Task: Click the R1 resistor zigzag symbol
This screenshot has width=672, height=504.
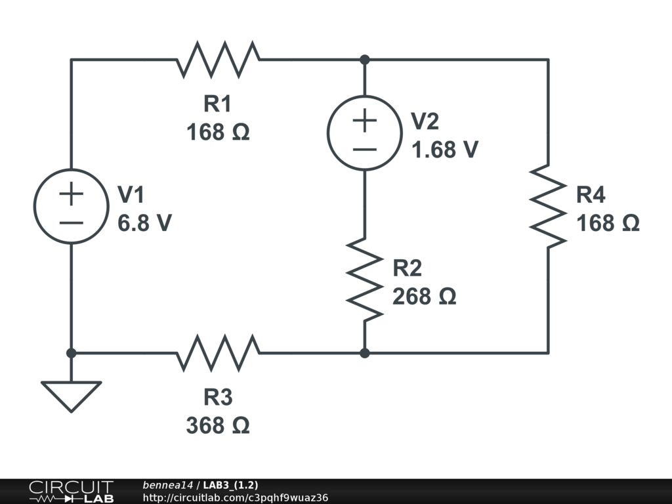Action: click(x=218, y=60)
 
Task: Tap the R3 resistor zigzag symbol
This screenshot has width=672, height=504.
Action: click(x=218, y=353)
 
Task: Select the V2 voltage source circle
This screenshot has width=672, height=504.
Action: click(x=365, y=133)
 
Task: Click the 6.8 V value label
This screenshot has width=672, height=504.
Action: click(x=145, y=223)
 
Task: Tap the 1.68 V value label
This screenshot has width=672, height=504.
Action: click(x=444, y=150)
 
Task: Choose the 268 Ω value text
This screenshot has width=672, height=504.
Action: click(x=424, y=297)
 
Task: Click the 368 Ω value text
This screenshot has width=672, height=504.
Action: click(x=218, y=426)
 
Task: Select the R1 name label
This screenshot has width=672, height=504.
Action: click(x=218, y=104)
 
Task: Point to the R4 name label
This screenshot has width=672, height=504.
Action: click(x=591, y=195)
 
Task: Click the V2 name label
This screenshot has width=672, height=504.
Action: click(x=425, y=121)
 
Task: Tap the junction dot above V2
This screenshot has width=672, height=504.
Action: click(x=365, y=60)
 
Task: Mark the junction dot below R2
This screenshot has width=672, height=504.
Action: click(x=365, y=353)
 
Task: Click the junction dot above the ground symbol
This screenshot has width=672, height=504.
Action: click(x=71, y=353)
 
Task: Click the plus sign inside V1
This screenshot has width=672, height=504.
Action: click(x=71, y=194)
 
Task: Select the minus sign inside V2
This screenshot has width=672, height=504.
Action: click(x=365, y=148)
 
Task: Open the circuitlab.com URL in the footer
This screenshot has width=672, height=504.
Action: click(x=235, y=497)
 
